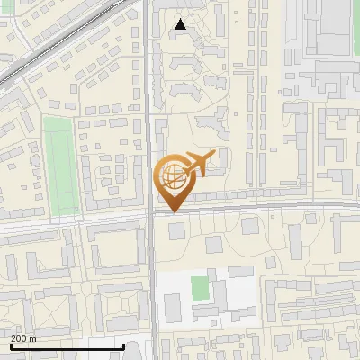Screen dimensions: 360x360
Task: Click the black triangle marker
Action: tap(181, 24)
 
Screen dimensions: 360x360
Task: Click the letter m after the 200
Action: tap(33, 338)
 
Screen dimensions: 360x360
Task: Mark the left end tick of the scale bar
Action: tap(10, 346)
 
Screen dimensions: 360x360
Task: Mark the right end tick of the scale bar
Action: tap(122, 346)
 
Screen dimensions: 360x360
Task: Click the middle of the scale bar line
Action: tap(67, 347)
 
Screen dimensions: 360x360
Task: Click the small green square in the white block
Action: tap(200, 289)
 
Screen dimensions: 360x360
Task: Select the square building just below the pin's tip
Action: tap(175, 231)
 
